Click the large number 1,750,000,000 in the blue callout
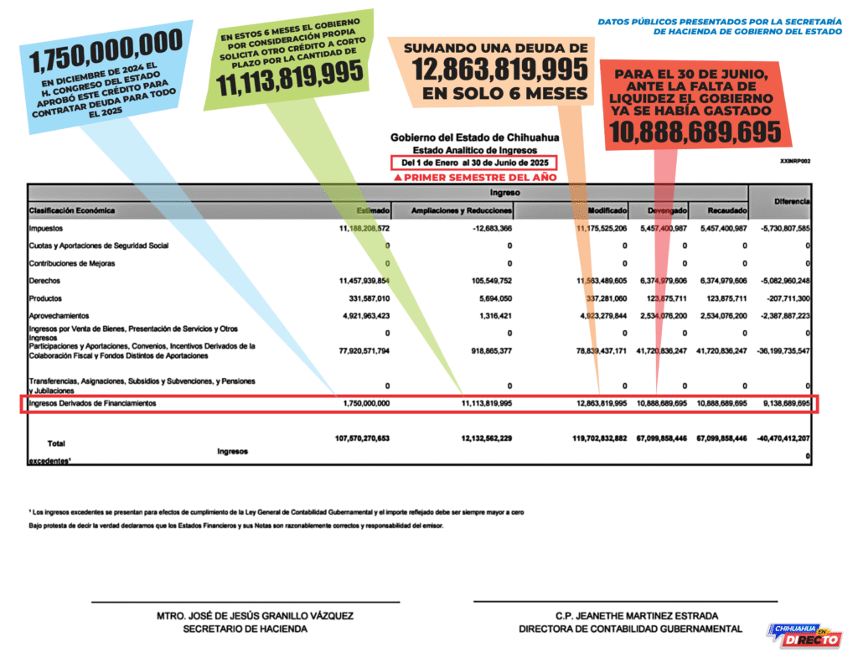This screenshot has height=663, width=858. [106, 61]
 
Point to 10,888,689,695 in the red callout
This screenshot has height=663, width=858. [695, 132]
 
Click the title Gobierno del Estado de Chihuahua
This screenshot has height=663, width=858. [474, 137]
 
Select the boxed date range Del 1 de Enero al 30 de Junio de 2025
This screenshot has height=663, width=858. [474, 162]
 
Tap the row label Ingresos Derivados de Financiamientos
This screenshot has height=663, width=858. [92, 403]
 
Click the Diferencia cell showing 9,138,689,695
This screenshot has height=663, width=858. [781, 403]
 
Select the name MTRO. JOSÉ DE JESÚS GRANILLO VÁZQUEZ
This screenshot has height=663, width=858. [255, 615]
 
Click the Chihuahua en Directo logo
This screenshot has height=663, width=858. [805, 635]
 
